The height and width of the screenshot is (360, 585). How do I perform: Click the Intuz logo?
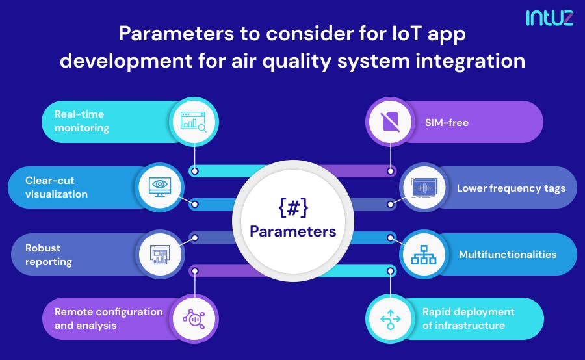549,18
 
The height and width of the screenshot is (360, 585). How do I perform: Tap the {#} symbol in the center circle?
292,209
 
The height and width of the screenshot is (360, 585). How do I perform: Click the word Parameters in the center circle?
292,231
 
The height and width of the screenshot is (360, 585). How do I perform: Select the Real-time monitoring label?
79,121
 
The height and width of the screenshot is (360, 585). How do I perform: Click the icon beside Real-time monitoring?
193,121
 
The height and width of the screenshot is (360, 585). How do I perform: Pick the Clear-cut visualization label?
57,187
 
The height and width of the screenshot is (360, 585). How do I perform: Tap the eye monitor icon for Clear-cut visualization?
159,187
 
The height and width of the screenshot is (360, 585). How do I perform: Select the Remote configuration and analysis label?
109,318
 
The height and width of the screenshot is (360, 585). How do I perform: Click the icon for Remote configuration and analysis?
193,318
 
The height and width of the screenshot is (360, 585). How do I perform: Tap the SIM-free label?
447,122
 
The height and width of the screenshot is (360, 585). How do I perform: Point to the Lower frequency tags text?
511,188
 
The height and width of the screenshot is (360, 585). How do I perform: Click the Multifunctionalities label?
508,254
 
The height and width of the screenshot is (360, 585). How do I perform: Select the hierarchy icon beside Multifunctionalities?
423,255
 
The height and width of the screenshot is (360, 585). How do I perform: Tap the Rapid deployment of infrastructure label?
468,318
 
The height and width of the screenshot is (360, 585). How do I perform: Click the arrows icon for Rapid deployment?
390,318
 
